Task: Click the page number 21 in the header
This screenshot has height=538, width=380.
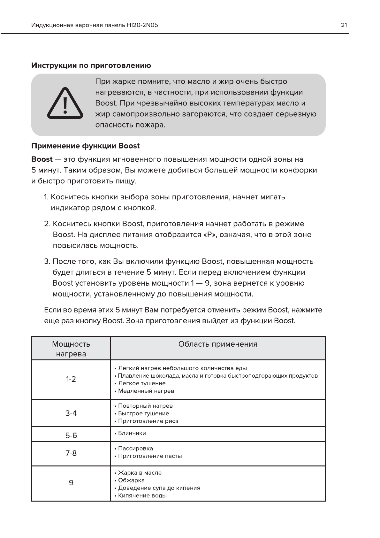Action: pos(344,25)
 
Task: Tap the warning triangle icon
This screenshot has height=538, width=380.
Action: pos(65,104)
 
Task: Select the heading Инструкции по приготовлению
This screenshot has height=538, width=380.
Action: pos(91,65)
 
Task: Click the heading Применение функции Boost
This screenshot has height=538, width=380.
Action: pos(85,146)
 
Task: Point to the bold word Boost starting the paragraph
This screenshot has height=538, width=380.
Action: pos(42,159)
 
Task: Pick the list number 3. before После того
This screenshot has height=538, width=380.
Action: pos(47,262)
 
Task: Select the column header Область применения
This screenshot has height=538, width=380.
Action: pos(217,344)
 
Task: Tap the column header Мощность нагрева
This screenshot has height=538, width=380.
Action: pos(71,349)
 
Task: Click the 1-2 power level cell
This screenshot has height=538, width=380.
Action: pos(71,380)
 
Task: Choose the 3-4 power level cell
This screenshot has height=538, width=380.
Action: pos(71,413)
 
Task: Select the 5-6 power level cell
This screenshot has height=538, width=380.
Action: pos(71,435)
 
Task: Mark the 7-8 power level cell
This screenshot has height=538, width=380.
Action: pos(71,453)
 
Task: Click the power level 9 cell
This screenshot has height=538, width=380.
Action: pos(71,483)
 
